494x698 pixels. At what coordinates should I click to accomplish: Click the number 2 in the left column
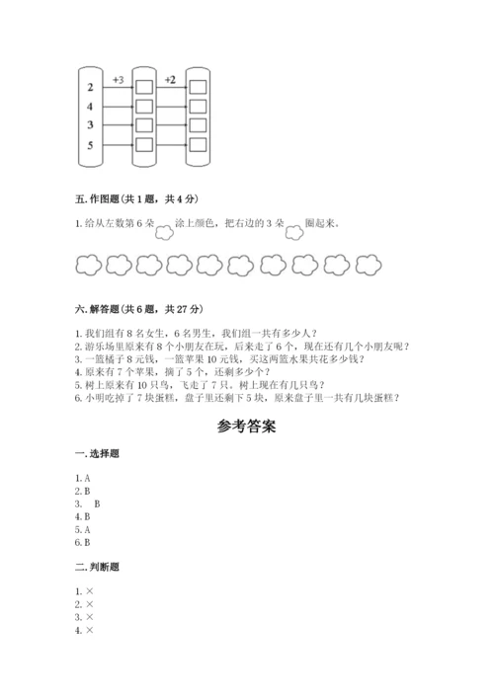pos(91,87)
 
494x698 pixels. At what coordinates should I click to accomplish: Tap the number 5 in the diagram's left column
pos(91,145)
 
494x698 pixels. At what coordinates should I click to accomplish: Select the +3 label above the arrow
pos(119,77)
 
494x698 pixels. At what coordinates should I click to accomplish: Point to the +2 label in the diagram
pos(171,77)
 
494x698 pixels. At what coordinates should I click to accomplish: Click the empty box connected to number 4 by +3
pos(144,106)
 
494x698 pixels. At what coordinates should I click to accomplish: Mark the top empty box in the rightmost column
pos(198,87)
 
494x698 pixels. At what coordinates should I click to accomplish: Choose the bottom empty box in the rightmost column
pos(198,145)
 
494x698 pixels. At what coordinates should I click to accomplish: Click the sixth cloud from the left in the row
pos(241,264)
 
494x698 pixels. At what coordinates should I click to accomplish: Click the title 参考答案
pos(246,428)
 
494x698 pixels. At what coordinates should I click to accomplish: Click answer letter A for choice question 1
pos(87,478)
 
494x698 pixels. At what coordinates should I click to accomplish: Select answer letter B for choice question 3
pos(97,504)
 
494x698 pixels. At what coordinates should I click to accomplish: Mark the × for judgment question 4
pos(89,631)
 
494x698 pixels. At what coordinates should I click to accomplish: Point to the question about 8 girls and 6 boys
pos(188,333)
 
